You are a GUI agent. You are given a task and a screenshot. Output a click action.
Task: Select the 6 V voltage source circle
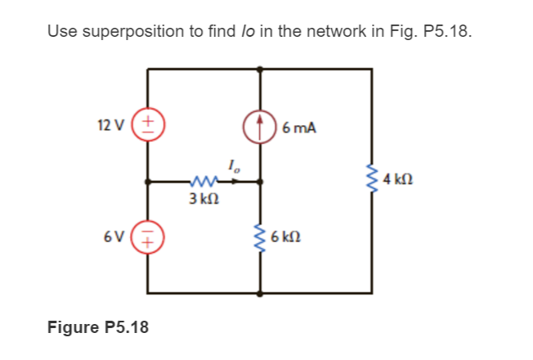click(x=148, y=237)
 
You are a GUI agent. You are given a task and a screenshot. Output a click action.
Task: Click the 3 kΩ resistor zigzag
click(x=201, y=182)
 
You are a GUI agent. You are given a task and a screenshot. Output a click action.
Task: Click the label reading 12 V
click(x=110, y=125)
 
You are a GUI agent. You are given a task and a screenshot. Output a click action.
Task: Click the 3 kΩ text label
click(x=201, y=199)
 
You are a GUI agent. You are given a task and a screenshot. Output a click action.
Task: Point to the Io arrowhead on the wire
click(x=242, y=182)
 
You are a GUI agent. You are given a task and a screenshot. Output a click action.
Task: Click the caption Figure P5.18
click(x=98, y=328)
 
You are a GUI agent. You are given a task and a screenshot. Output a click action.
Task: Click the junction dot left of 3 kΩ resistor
click(x=148, y=182)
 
